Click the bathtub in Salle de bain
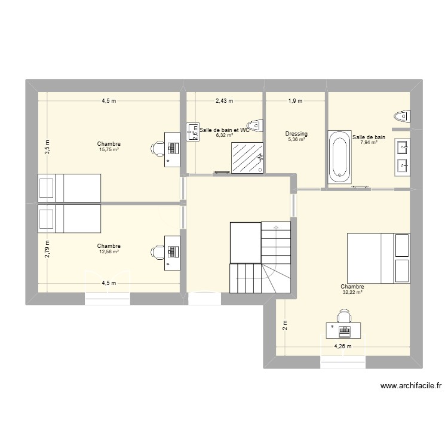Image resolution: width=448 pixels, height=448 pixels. tap(339, 158)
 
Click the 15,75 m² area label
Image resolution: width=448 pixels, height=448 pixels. tap(109, 150)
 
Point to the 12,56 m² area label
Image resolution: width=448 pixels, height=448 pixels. tap(109, 251)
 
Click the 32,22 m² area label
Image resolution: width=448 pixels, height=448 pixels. tap(352, 293)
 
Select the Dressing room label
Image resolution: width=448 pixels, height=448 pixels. tap(296, 134)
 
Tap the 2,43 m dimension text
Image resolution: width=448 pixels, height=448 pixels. tap(225, 101)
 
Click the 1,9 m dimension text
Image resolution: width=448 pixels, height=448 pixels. tap(296, 101)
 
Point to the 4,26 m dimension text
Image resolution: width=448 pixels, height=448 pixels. tap(342, 346)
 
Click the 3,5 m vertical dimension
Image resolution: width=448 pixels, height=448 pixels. tap(48, 147)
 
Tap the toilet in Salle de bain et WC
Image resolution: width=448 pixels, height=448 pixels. tap(257, 125)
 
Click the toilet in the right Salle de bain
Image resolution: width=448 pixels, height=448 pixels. tap(402, 116)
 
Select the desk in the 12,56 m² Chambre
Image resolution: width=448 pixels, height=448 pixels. tap(173, 253)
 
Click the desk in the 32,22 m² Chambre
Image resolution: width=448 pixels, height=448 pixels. tap(343, 329)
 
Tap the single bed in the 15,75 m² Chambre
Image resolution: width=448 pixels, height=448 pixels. tap(69, 188)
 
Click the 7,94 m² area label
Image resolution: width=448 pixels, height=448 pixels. tap(369, 143)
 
